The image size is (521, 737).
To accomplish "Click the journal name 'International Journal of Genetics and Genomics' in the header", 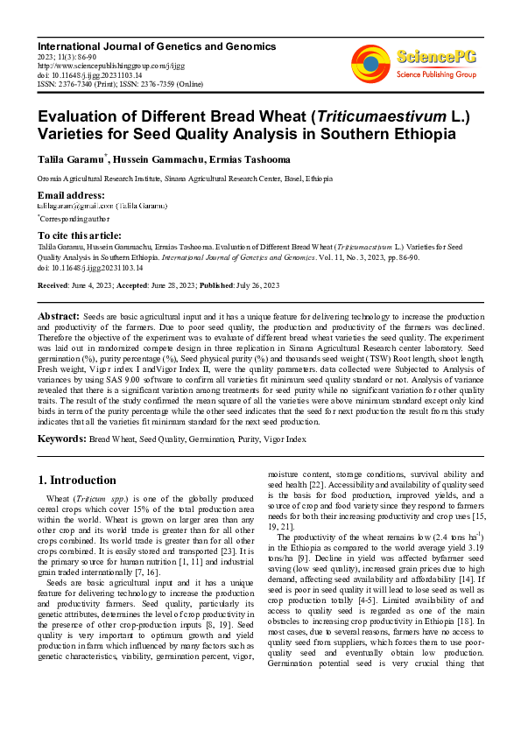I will point(157,46).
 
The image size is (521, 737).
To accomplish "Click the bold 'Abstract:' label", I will point(59,314).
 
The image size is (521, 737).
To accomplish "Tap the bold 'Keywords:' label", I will point(62,437).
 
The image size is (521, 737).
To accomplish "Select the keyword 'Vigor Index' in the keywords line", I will point(285,438).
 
